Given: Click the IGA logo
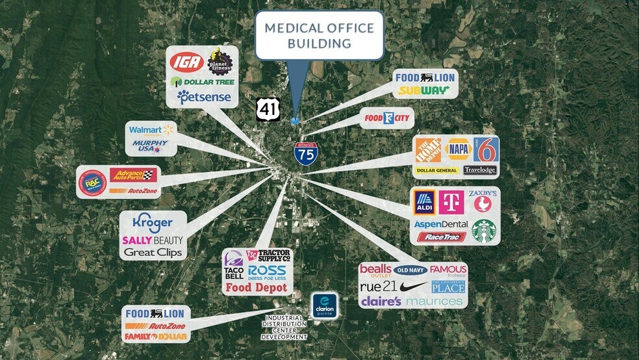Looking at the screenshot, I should [x=186, y=62].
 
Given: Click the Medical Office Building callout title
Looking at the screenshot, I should [x=319, y=36].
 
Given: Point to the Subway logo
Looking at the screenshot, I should [x=424, y=90].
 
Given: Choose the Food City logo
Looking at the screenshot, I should [x=386, y=118].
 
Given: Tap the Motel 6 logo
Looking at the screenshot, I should [x=485, y=151].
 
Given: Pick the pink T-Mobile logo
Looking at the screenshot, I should [x=451, y=202].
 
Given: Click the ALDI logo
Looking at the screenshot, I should [x=424, y=202].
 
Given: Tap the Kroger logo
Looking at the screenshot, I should [x=152, y=222].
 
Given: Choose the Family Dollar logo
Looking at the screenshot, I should [x=156, y=337].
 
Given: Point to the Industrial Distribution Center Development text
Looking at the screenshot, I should [x=284, y=328].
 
